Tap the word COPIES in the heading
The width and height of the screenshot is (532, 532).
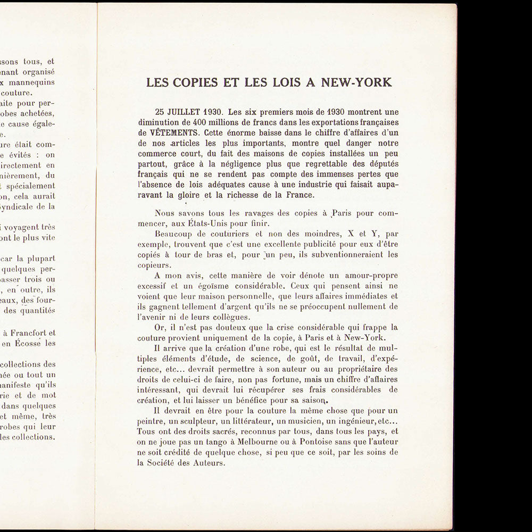click(187, 82)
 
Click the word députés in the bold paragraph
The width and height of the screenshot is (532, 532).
click(381, 163)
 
